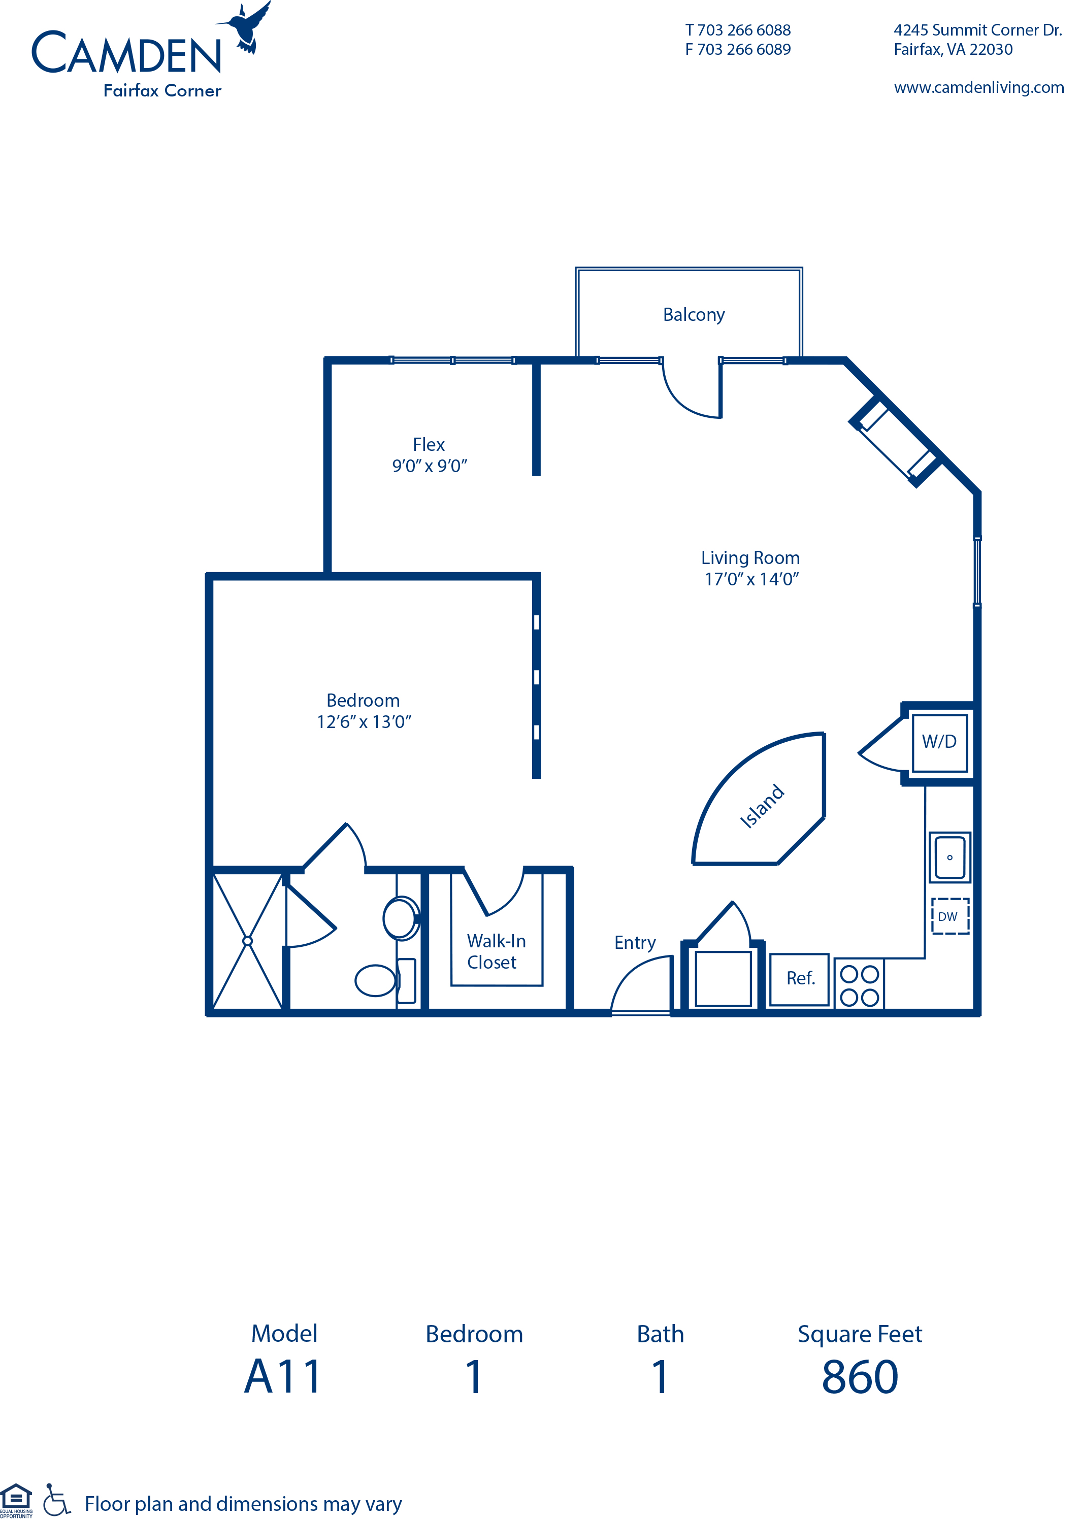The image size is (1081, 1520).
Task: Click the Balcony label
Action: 694,315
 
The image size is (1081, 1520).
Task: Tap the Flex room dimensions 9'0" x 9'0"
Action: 430,466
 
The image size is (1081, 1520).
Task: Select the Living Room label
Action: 750,557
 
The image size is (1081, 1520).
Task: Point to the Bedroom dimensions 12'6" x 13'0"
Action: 364,722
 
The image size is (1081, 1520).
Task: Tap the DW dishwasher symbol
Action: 950,916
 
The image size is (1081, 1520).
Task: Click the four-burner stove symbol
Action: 859,985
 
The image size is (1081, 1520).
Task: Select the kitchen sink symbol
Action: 950,857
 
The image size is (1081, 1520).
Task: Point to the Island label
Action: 762,806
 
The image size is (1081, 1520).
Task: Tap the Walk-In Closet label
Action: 496,952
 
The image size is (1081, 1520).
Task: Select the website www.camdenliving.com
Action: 979,87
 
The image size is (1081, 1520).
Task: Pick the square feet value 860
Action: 860,1377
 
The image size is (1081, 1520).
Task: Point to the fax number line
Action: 738,49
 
